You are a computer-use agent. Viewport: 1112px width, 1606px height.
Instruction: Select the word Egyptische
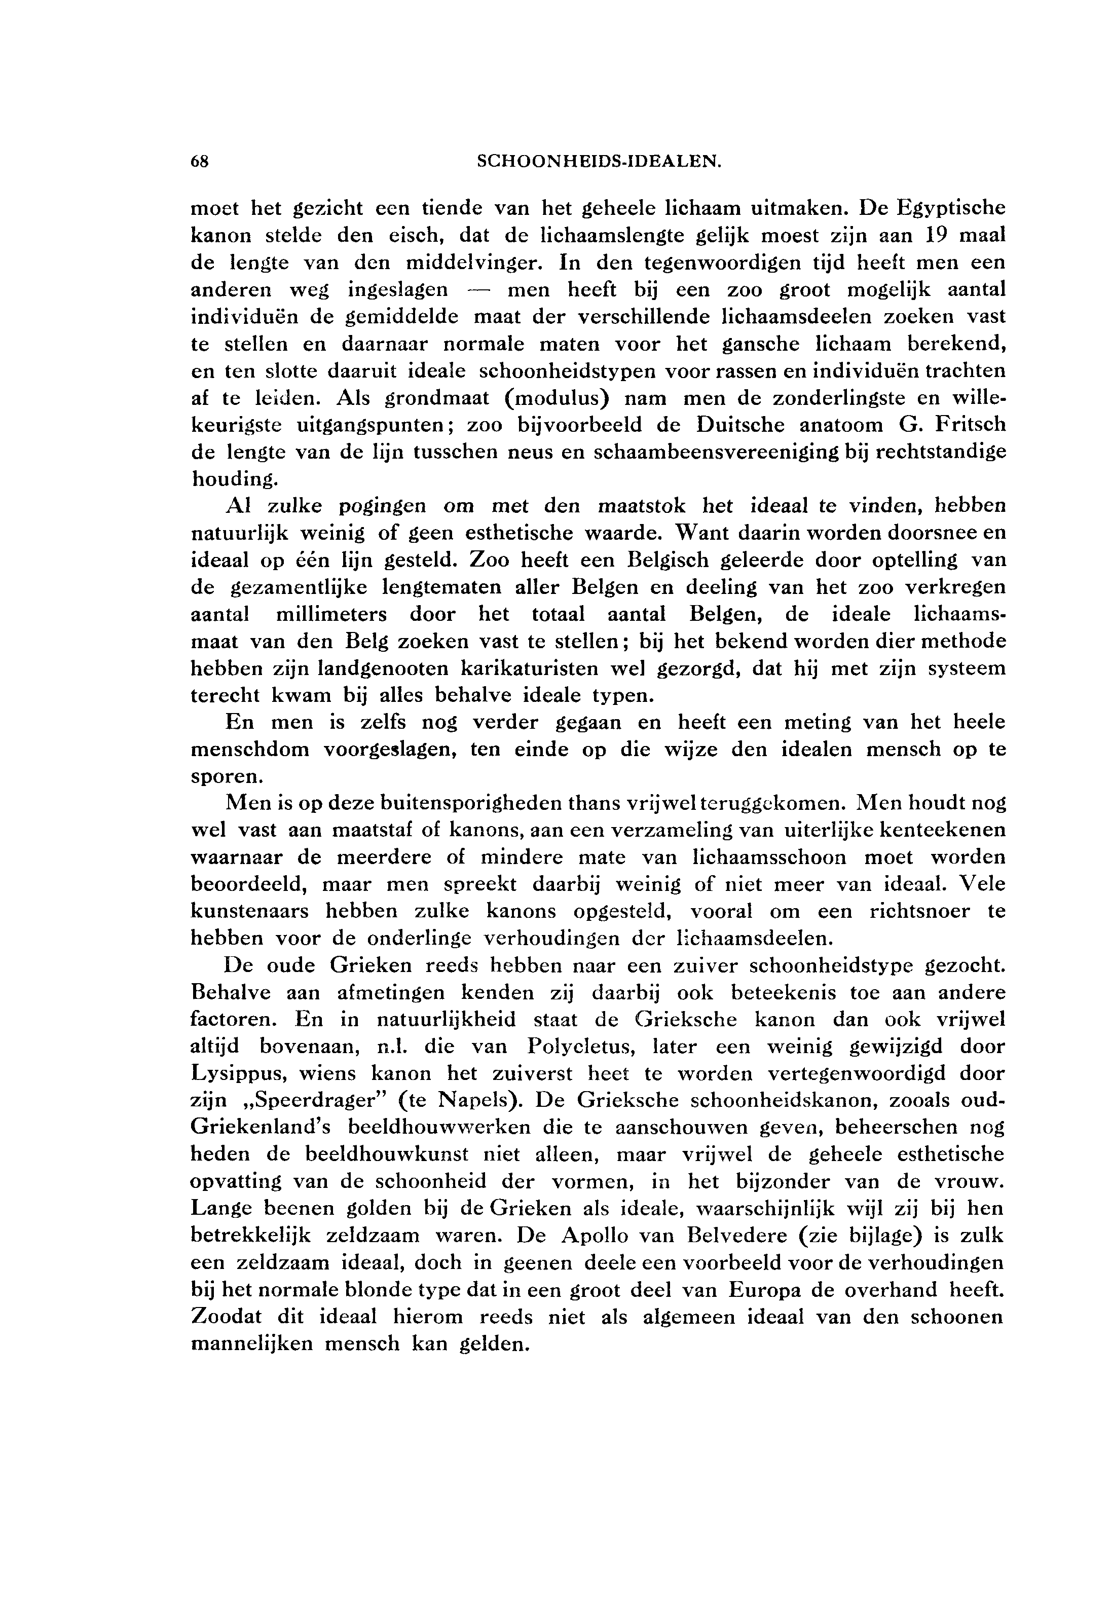click(x=950, y=208)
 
